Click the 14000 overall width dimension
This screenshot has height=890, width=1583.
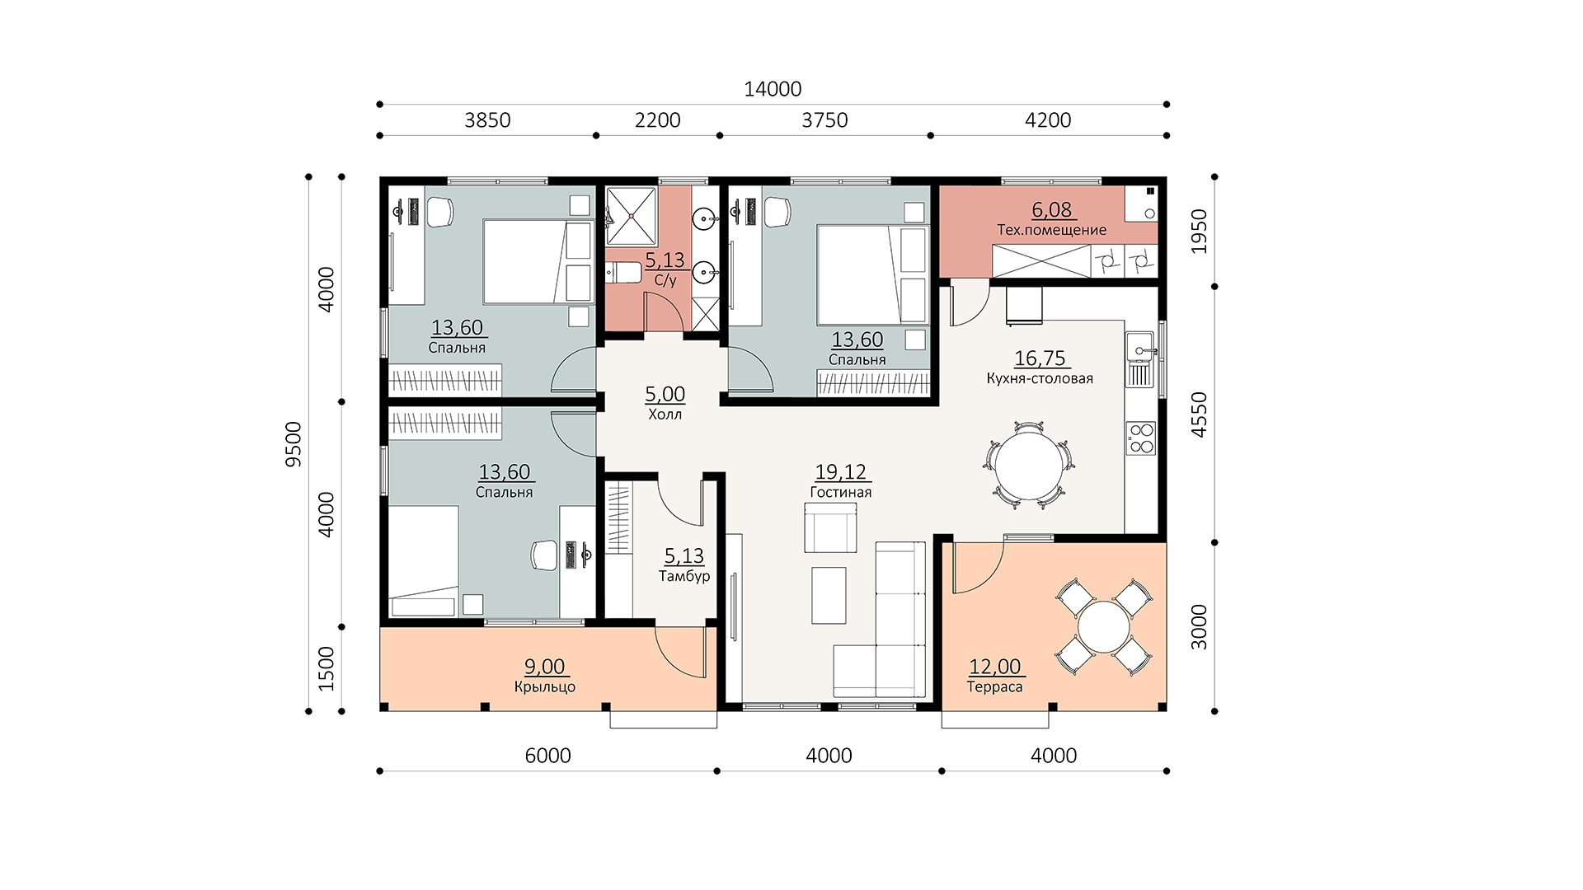773,89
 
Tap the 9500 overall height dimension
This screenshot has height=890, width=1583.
294,443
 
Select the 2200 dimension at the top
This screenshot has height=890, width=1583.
658,120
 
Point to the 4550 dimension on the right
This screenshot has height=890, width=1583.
1199,415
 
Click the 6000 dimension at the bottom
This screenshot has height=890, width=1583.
547,756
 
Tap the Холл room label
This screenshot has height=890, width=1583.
665,415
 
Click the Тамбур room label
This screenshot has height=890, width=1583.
684,576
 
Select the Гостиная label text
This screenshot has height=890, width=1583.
841,493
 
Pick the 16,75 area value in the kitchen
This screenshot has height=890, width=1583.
1040,358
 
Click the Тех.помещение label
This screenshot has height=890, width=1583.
1052,230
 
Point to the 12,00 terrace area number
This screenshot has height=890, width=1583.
995,667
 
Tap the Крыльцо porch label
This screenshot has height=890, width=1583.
545,687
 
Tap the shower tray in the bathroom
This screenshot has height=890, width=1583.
632,216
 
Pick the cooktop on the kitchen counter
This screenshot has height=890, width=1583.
1141,438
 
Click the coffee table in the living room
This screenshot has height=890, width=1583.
829,595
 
